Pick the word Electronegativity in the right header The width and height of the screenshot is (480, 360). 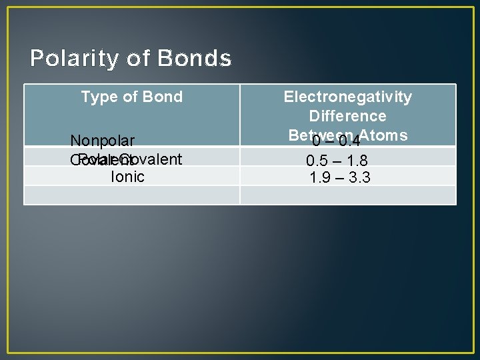point(347,97)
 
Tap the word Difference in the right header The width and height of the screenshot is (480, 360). point(347,116)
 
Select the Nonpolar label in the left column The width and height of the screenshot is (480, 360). point(103,141)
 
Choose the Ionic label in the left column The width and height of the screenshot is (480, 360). point(127,177)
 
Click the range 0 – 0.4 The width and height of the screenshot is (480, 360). point(337,141)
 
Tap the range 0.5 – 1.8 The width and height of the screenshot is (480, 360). point(337,161)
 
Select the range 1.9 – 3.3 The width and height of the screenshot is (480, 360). point(340,177)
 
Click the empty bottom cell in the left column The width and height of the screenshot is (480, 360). point(132,195)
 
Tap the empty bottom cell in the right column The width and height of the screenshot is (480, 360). point(347,195)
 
